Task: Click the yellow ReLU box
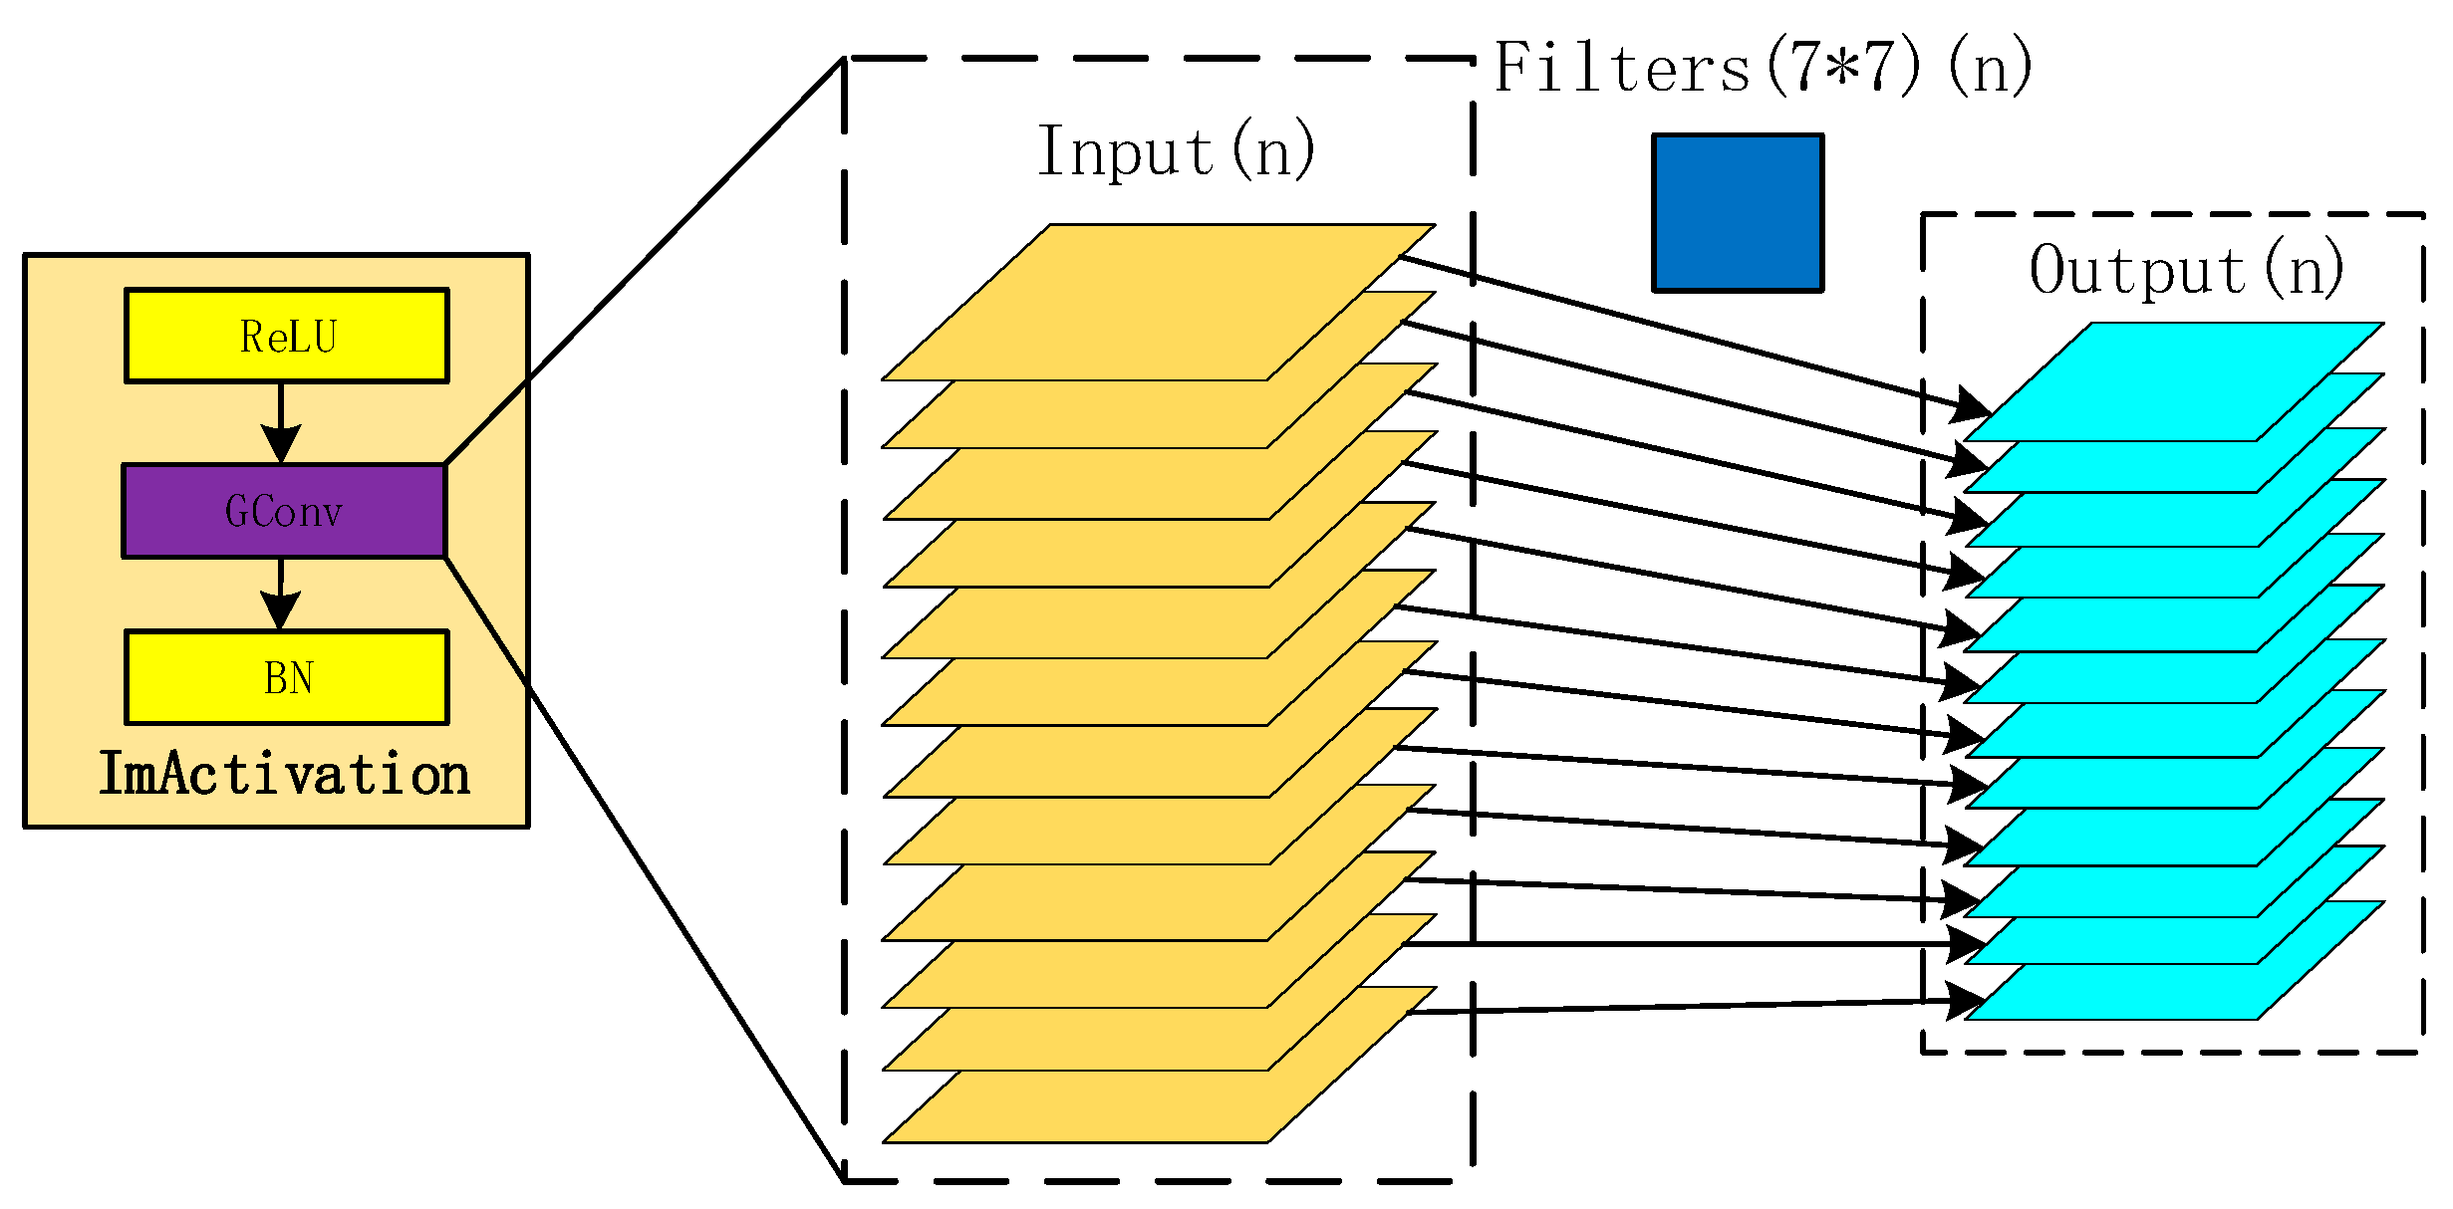287,336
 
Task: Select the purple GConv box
284,511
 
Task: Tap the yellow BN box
287,677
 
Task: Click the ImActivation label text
284,775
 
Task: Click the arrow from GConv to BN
281,594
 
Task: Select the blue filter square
1738,213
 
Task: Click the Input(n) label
1176,152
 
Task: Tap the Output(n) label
2186,270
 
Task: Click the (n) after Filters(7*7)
1989,69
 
